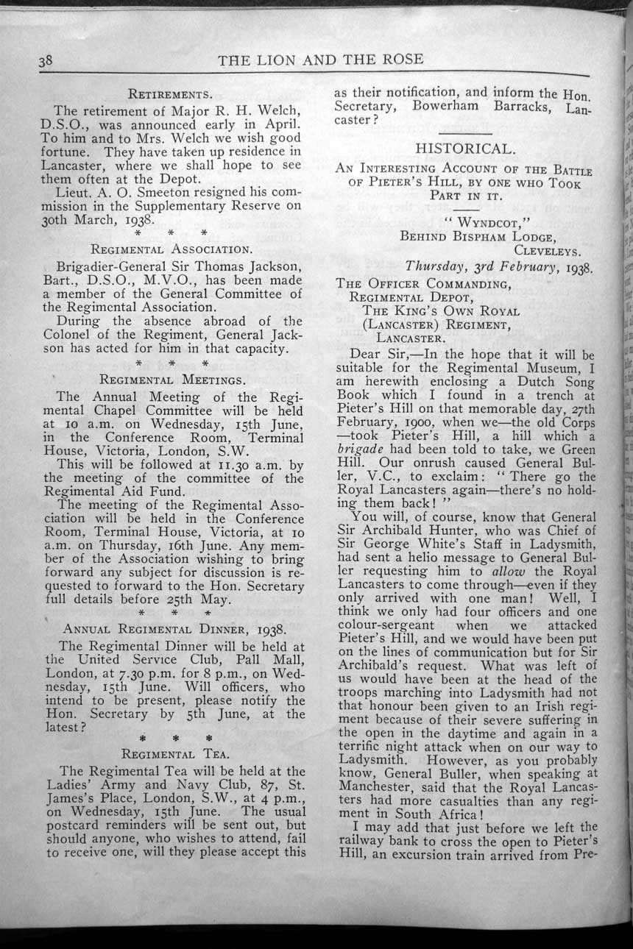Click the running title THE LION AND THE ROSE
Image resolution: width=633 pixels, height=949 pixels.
click(x=320, y=60)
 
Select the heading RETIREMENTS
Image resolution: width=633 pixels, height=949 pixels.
click(x=171, y=94)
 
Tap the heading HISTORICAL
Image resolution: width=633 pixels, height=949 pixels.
click(x=463, y=149)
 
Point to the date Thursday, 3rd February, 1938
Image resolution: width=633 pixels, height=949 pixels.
click(x=499, y=266)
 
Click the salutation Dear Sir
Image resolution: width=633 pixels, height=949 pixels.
click(x=379, y=355)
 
